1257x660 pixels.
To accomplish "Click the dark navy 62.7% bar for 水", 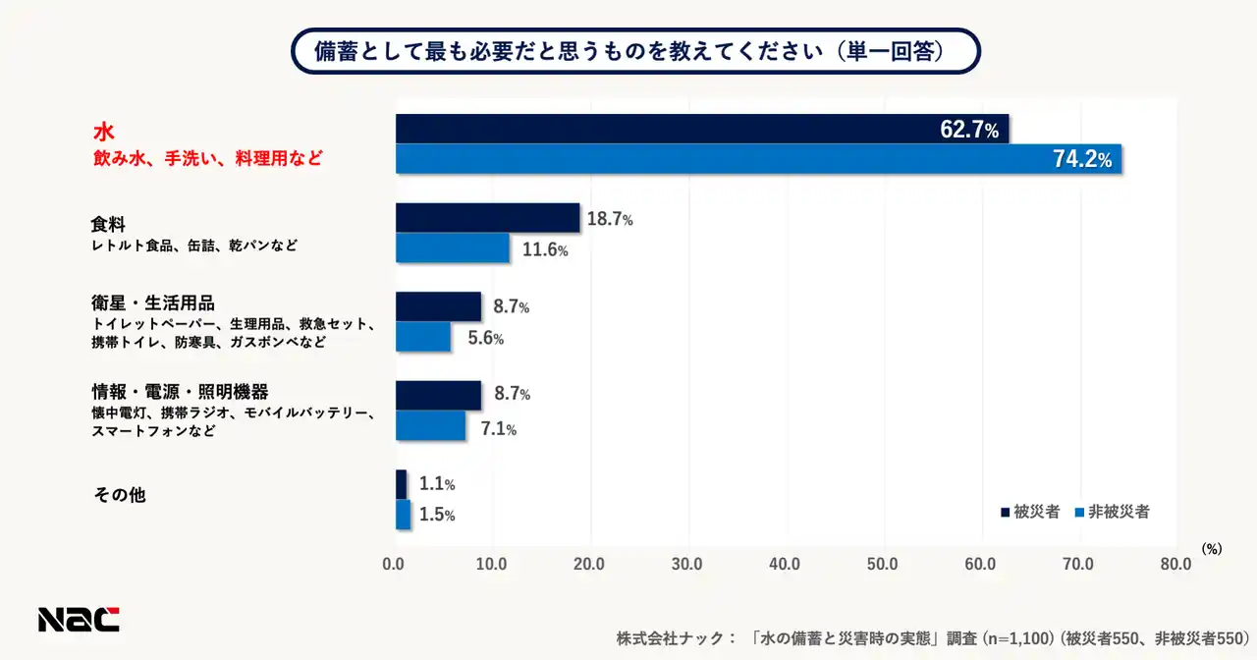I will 702,129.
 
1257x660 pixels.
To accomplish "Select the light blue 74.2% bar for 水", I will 758,159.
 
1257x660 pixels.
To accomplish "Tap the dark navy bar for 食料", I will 487,218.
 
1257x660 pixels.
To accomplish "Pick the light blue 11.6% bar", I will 453,247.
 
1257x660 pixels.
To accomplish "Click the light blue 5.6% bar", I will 423,337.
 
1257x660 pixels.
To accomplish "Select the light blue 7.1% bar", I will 430,425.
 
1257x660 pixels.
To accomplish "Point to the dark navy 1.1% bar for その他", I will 401,484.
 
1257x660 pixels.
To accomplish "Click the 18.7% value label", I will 610,220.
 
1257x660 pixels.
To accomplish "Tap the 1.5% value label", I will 437,515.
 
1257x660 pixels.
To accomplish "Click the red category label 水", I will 104,132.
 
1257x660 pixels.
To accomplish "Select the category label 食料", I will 108,225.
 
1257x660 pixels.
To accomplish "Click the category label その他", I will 120,495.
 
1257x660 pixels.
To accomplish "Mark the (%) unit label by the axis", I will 1212,550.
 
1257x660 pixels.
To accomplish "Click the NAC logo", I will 79,620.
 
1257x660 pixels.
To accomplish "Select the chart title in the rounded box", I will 635,51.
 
